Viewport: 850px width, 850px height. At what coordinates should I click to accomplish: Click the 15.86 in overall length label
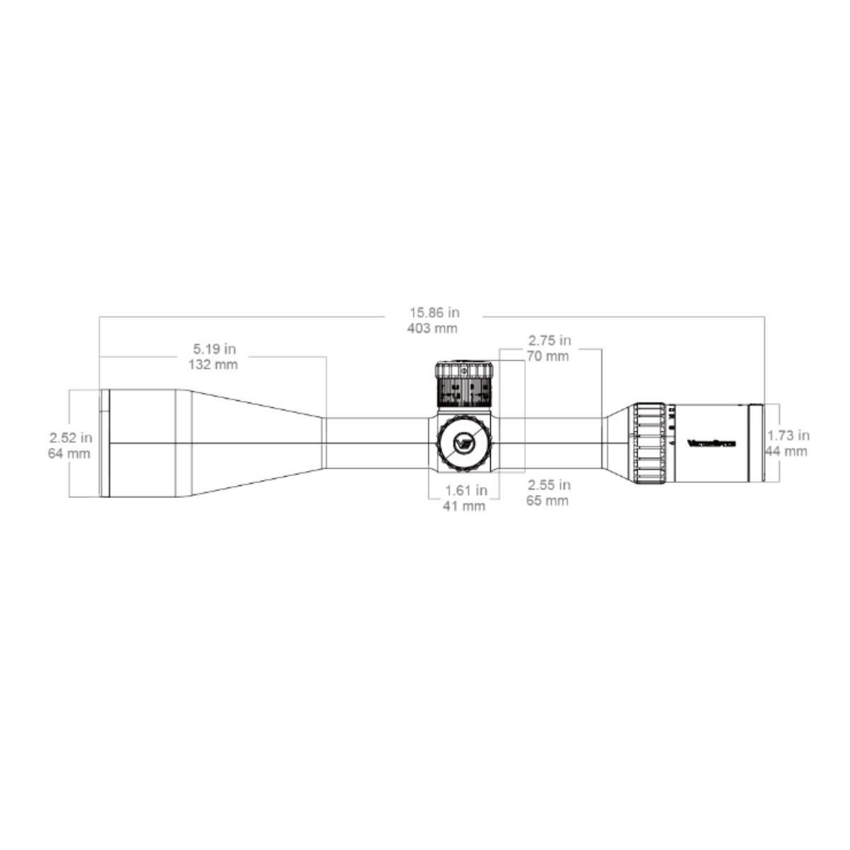[x=433, y=312]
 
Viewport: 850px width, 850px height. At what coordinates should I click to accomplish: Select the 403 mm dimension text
[x=433, y=328]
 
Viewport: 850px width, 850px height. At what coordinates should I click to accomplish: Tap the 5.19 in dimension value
[x=214, y=348]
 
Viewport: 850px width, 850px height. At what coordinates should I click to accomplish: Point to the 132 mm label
[x=213, y=365]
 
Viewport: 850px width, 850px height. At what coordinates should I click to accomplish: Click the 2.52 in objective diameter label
[x=70, y=437]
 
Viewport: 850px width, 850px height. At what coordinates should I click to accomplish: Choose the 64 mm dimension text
[x=69, y=453]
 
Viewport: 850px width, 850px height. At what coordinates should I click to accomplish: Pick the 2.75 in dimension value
[x=549, y=341]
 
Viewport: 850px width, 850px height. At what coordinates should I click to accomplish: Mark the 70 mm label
[x=548, y=356]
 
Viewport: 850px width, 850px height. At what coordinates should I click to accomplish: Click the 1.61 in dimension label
[x=465, y=490]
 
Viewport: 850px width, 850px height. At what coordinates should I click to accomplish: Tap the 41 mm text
[x=465, y=506]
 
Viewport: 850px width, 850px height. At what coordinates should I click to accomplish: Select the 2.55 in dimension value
[x=549, y=485]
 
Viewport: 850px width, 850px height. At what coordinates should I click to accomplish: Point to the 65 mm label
[x=548, y=501]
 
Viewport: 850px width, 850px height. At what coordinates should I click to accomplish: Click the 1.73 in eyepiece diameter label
[x=788, y=436]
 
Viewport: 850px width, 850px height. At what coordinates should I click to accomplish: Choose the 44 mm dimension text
[x=786, y=451]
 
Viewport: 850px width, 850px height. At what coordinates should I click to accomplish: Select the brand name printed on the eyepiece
[x=712, y=444]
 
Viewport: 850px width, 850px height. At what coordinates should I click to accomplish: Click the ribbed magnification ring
[x=648, y=445]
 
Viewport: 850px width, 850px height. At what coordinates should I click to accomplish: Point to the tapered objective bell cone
[x=255, y=443]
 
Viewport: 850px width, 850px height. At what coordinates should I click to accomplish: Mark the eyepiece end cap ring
[x=756, y=443]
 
